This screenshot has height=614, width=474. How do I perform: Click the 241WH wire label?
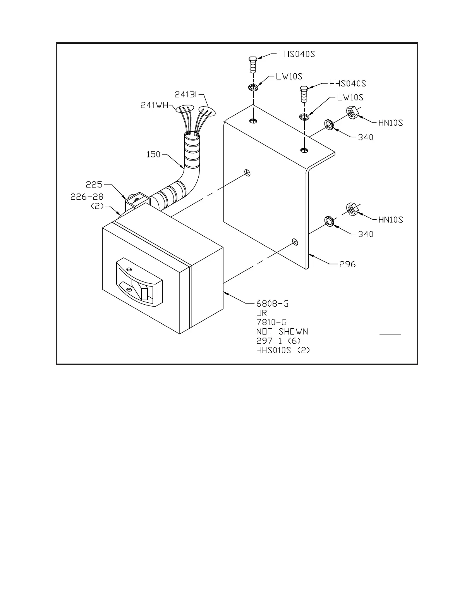[x=154, y=105]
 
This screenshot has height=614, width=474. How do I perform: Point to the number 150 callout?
[x=153, y=154]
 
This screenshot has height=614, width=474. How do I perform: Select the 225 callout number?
[x=94, y=185]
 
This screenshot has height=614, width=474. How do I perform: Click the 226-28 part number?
[x=87, y=197]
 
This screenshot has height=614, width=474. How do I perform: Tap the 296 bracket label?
[x=347, y=265]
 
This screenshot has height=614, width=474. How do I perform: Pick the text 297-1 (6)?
[x=278, y=341]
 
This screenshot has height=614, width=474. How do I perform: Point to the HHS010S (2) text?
[x=283, y=350]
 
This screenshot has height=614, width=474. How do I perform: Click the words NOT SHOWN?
[x=282, y=332]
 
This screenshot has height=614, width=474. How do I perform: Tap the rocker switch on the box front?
[x=139, y=283]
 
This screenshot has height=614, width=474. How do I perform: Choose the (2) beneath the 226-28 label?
[x=97, y=206]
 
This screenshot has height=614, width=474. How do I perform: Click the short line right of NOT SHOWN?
[x=390, y=334]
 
